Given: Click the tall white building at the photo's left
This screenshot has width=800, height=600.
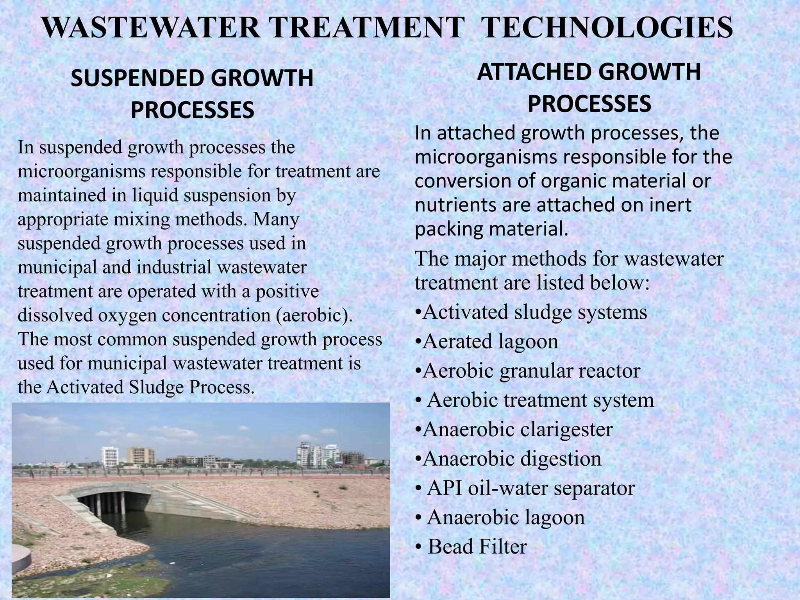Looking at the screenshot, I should [x=110, y=457].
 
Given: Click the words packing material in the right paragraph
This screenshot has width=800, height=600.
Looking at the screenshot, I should [x=491, y=229].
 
